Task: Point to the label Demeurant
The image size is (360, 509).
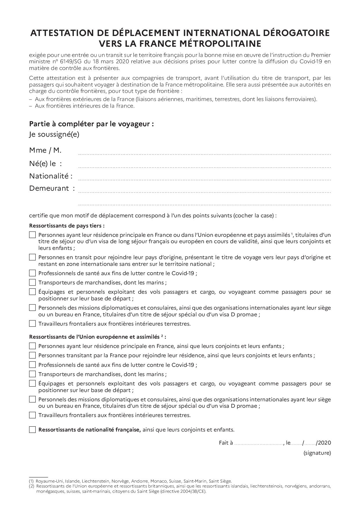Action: click(49, 188)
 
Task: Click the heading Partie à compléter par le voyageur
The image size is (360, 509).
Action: click(91, 124)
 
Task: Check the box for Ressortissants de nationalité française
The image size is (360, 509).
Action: click(32, 430)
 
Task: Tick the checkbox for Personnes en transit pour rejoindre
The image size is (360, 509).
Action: click(32, 257)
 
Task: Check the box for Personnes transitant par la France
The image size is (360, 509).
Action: click(32, 355)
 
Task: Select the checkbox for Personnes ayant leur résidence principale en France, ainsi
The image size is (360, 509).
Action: click(32, 346)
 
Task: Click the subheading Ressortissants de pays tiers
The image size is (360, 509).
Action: click(67, 225)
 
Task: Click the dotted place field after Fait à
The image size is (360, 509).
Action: click(258, 444)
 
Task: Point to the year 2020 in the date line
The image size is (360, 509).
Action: click(325, 443)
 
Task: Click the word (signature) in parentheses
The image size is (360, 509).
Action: click(317, 453)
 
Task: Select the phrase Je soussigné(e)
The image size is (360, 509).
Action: click(54, 134)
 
